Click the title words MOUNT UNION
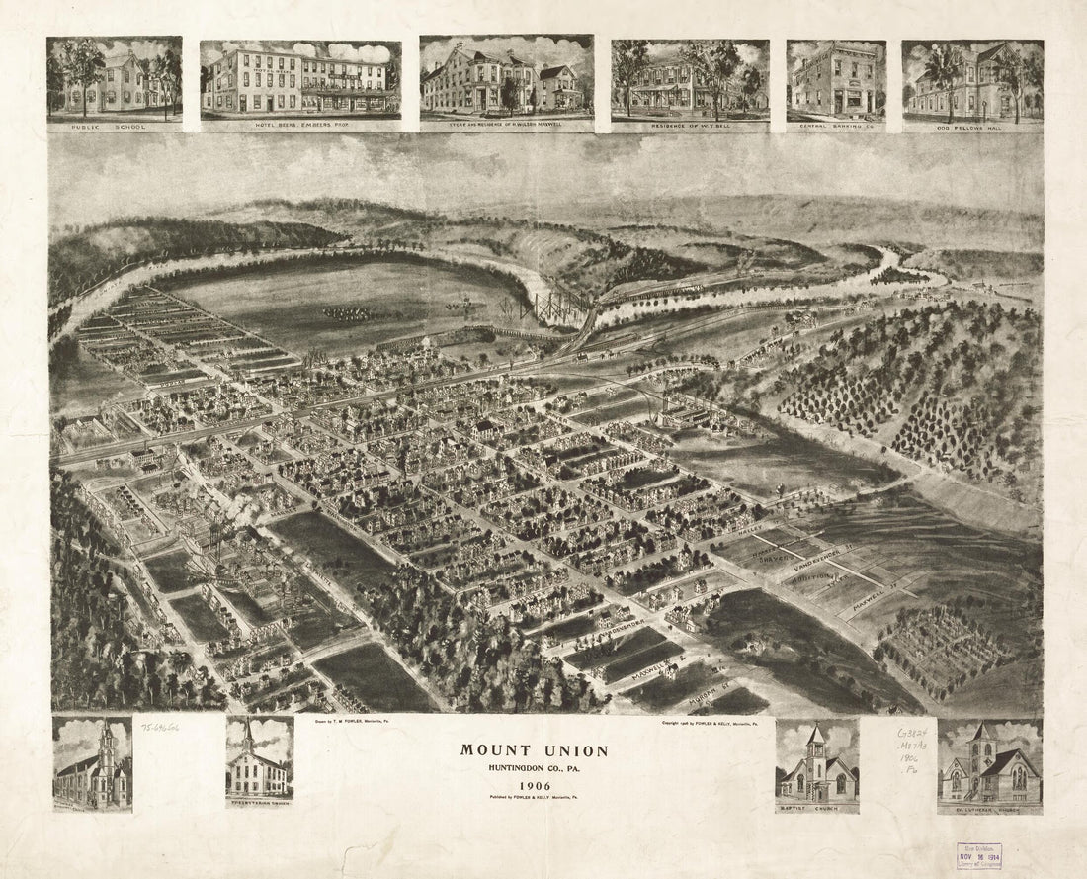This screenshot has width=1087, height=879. coord(534,750)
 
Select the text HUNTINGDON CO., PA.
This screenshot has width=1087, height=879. coord(534,768)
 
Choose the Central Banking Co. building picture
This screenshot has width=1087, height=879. coord(836,79)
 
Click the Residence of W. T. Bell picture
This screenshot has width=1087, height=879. coord(690,79)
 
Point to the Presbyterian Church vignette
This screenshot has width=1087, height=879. coord(259,759)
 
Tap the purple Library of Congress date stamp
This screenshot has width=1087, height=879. coord(978,855)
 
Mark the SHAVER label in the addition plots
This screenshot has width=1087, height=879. coord(780,560)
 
